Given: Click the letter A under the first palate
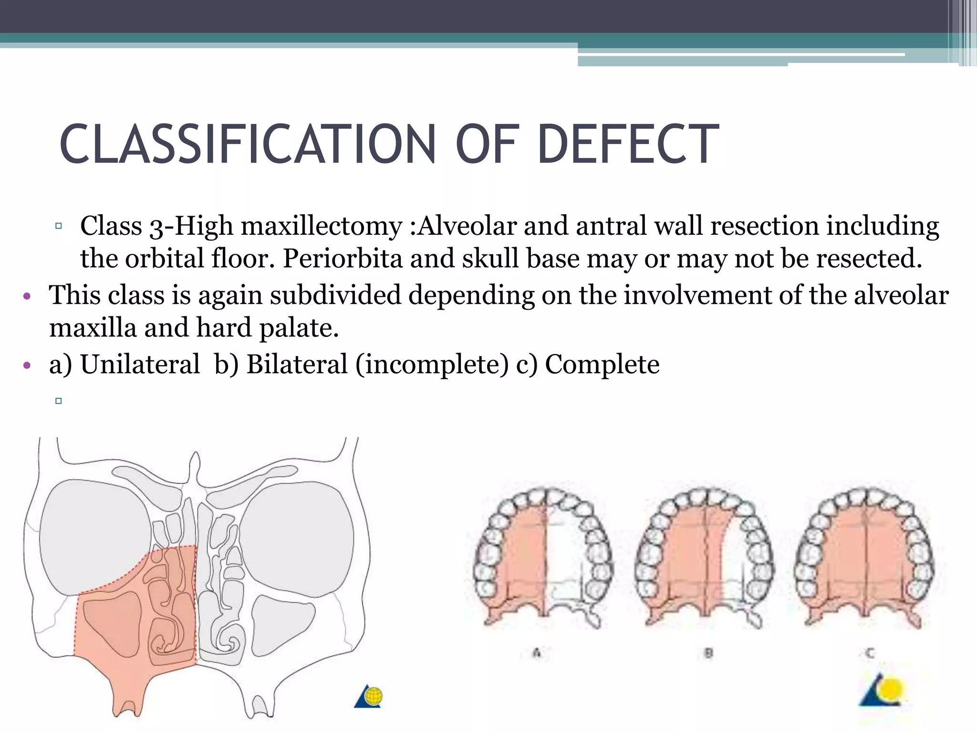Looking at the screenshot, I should click(537, 652).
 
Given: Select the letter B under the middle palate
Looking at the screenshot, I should click(709, 652).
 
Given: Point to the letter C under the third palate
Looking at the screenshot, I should click(870, 652).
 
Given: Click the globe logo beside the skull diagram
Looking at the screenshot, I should click(369, 696).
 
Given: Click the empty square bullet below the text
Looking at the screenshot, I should click(59, 401).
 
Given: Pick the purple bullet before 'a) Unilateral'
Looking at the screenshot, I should click(27, 366).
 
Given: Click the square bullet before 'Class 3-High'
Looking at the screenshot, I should click(59, 226).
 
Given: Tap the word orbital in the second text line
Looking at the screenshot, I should click(165, 259).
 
